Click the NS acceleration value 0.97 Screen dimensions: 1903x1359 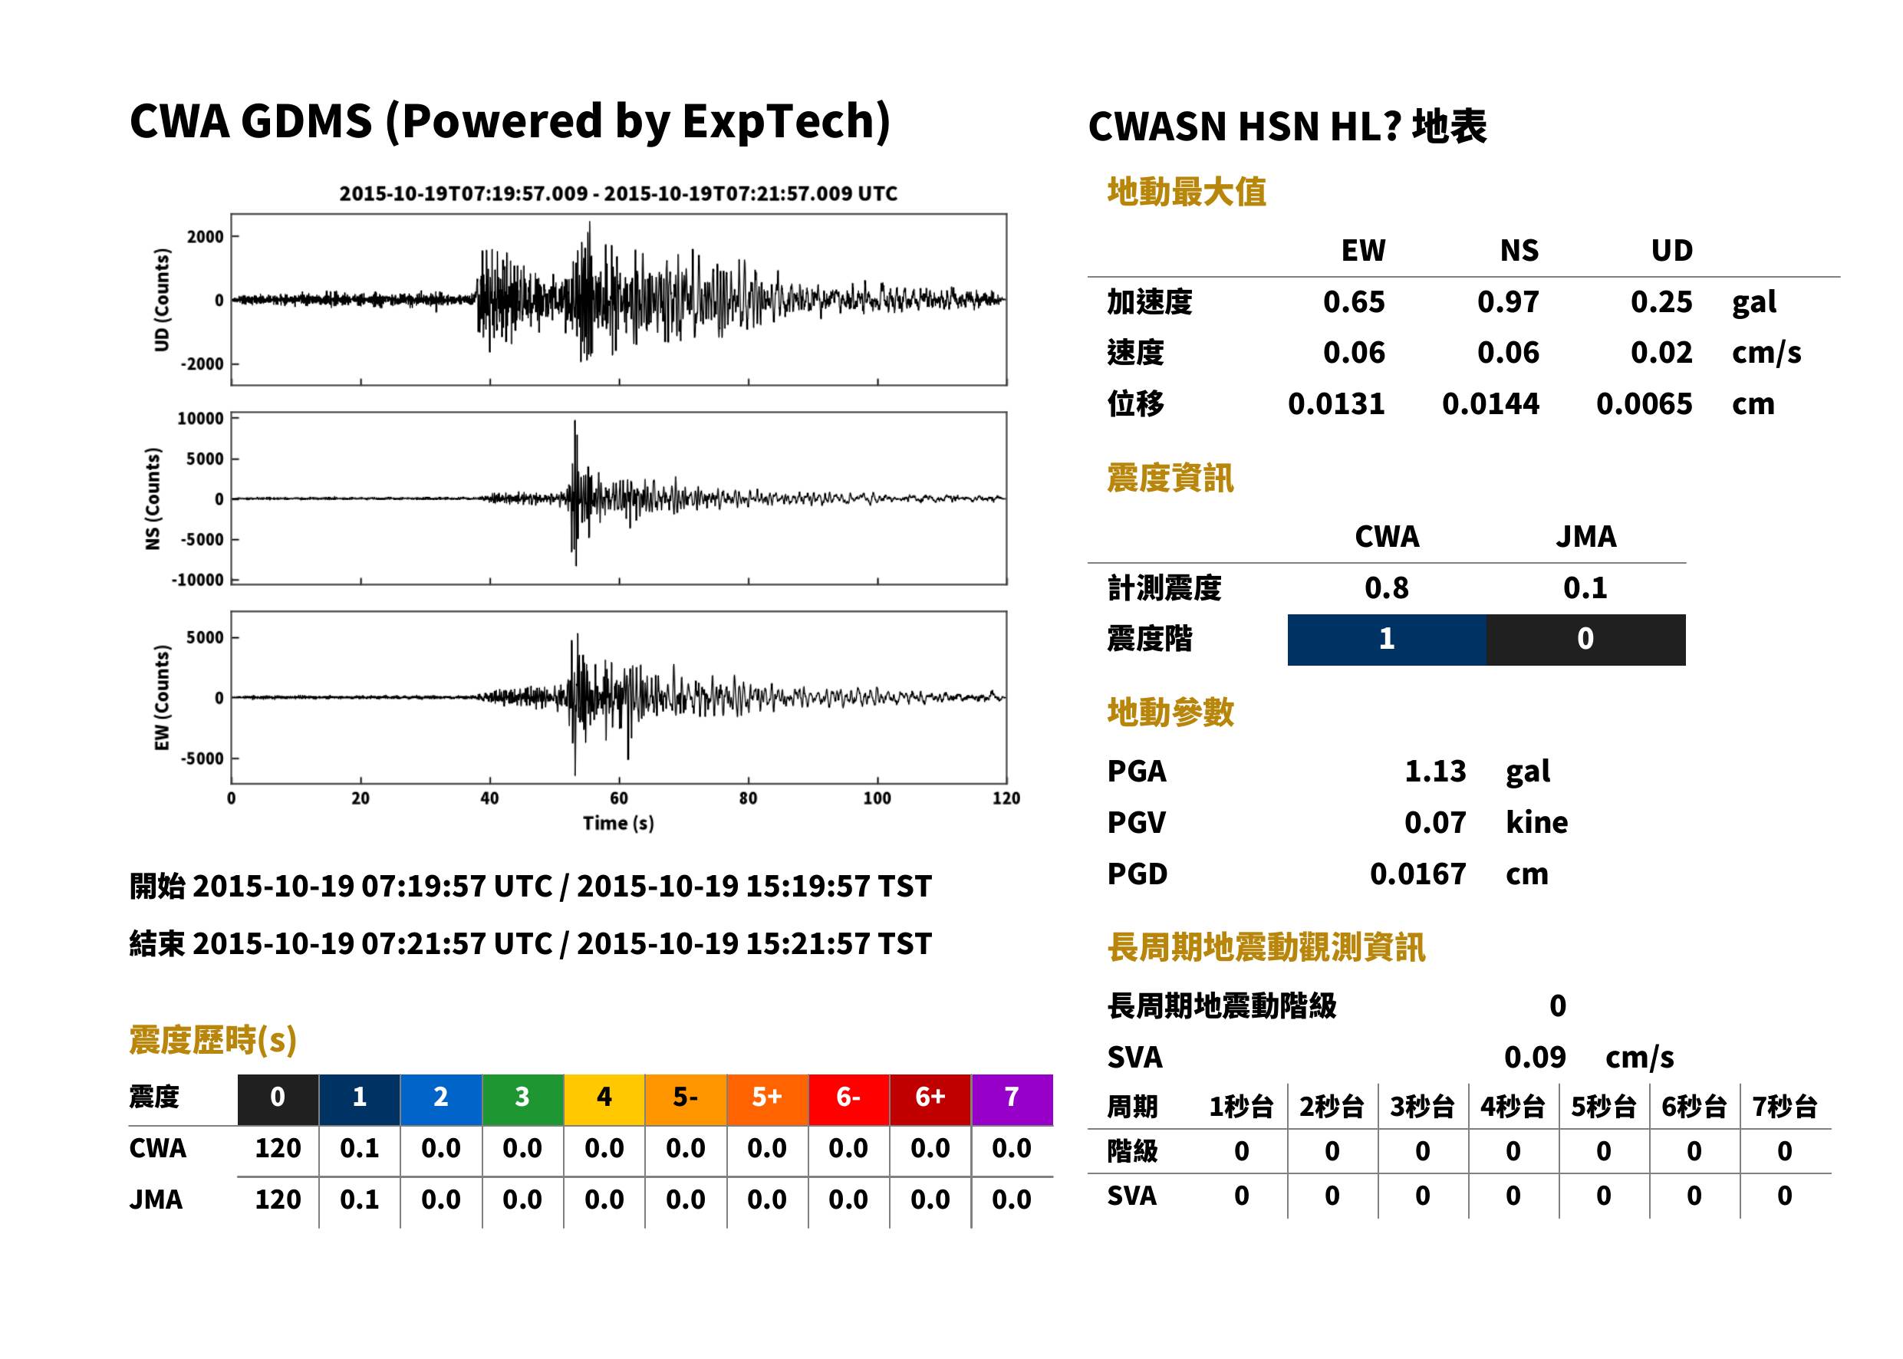[1507, 302]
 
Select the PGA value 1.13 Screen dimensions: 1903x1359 [1435, 771]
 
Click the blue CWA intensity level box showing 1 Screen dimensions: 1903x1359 [1387, 640]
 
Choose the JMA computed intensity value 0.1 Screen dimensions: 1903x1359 [1585, 587]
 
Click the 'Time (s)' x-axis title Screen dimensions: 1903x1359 [618, 823]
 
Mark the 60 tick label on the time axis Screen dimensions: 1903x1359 [618, 798]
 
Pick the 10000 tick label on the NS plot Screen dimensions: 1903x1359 [201, 419]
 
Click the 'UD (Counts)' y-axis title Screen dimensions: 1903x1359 [162, 300]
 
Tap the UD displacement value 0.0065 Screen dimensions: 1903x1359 [1644, 404]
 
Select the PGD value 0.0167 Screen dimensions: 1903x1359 [1417, 874]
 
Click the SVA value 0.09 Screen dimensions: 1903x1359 [1535, 1057]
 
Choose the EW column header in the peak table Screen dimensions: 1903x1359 [1363, 250]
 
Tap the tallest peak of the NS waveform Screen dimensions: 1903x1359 [575, 421]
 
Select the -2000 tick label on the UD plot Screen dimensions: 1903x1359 [202, 364]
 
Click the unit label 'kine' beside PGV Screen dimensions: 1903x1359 [1536, 823]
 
